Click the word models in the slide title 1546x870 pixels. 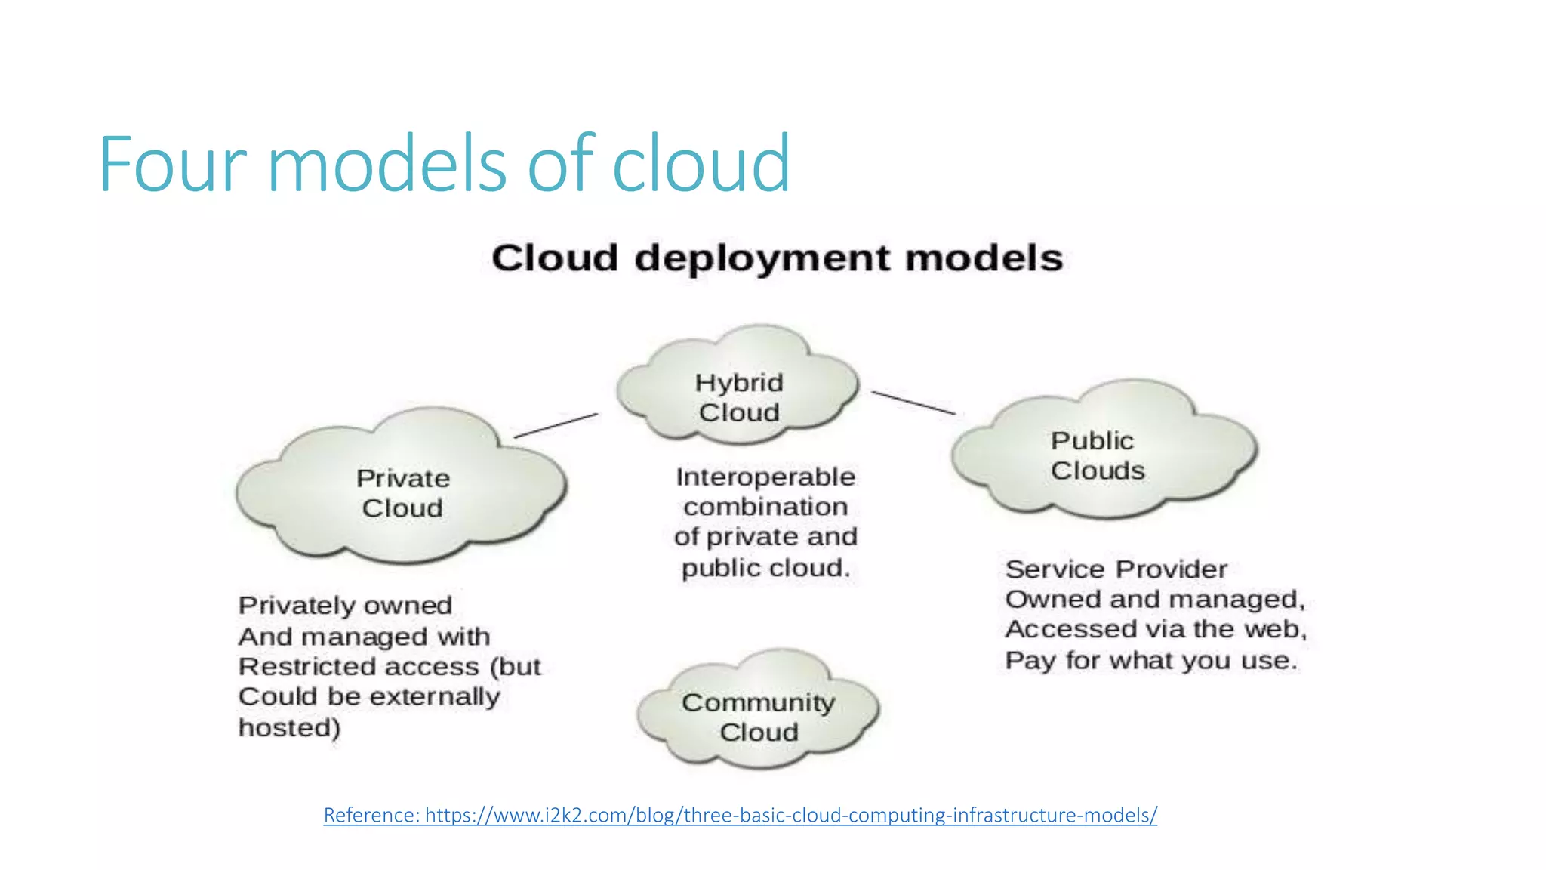pyautogui.click(x=386, y=164)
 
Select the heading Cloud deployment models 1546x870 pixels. pyautogui.click(x=777, y=258)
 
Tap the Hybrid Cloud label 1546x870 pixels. pyautogui.click(x=738, y=397)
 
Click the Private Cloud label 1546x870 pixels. pyautogui.click(x=402, y=492)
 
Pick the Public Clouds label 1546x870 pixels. pyautogui.click(x=1097, y=455)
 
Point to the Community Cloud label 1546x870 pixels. pyautogui.click(x=758, y=717)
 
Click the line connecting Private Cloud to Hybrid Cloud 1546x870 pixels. pyautogui.click(x=556, y=425)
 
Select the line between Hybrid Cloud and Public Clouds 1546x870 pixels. pyautogui.click(x=913, y=403)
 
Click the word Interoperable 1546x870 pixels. pyautogui.click(x=765, y=477)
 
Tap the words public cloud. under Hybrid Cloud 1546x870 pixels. pyautogui.click(x=765, y=567)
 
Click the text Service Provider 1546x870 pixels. pyautogui.click(x=1116, y=569)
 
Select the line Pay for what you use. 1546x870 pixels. pyautogui.click(x=1150, y=660)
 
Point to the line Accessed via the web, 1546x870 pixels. pyautogui.click(x=1155, y=629)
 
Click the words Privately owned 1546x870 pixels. pyautogui.click(x=345, y=605)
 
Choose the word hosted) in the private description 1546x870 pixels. pyautogui.click(x=289, y=727)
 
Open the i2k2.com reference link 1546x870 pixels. pyautogui.click(x=790, y=815)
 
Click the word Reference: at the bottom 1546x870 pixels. pyautogui.click(x=371, y=815)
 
